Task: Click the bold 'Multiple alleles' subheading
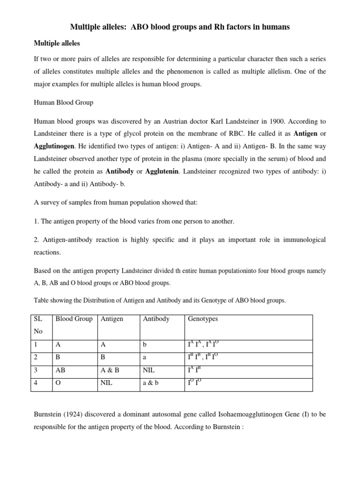(57, 43)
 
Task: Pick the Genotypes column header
(202, 319)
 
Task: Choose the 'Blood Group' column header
(74, 319)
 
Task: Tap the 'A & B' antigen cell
(110, 370)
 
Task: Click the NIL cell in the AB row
(149, 370)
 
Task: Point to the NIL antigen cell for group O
(107, 383)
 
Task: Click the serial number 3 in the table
(35, 370)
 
